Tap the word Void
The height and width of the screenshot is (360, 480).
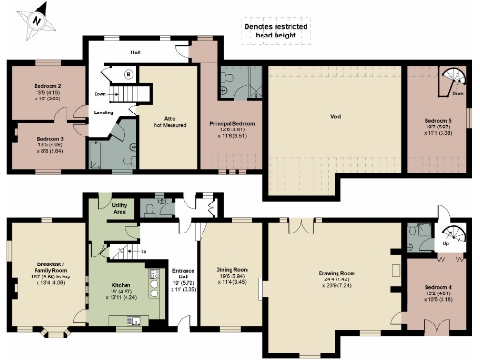pyautogui.click(x=334, y=118)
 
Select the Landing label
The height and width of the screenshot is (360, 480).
pyautogui.click(x=104, y=113)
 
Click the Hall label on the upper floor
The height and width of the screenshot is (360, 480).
pyautogui.click(x=135, y=52)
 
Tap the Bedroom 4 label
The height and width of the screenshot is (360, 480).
pyautogui.click(x=438, y=291)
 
